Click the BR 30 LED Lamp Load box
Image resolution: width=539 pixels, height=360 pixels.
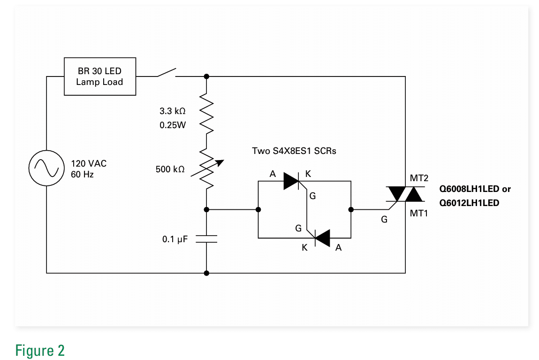click(99, 77)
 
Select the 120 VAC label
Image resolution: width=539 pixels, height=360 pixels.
click(89, 164)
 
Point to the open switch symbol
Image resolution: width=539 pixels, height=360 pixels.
click(166, 73)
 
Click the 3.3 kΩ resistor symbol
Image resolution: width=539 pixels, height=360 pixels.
click(206, 113)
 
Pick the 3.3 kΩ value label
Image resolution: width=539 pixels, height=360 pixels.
click(173, 111)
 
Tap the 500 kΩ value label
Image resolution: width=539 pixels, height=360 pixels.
click(170, 169)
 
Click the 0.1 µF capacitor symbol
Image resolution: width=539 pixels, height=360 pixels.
click(206, 239)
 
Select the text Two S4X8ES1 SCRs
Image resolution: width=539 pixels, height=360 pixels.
click(294, 151)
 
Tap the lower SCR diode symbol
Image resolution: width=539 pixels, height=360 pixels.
click(322, 238)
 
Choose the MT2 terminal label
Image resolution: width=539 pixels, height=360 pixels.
click(419, 179)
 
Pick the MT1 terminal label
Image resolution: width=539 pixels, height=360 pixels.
click(419, 213)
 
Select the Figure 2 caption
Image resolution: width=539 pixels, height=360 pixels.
click(40, 351)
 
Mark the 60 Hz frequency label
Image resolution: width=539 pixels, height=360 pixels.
click(82, 175)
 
